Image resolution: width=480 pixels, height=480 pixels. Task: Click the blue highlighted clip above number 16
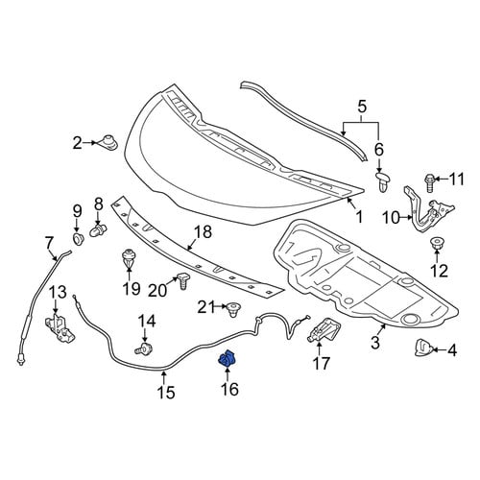227,358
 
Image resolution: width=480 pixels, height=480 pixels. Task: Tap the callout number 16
229,389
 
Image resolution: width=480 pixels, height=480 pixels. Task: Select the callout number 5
362,107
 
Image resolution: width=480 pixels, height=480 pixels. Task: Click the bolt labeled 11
430,182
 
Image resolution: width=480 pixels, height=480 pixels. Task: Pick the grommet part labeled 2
108,142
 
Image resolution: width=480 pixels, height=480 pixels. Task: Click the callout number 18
204,232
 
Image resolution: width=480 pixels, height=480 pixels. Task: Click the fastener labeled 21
233,309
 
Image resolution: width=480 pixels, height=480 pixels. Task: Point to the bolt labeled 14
144,348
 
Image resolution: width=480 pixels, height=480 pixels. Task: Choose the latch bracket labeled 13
60,328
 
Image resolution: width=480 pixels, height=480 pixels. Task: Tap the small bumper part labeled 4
423,348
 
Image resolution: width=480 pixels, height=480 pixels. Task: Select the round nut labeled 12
437,243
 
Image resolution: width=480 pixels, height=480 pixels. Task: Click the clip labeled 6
383,181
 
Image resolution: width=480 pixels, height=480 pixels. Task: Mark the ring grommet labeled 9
78,239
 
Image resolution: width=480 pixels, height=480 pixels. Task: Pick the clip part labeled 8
97,229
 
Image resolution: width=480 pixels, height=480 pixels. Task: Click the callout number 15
167,392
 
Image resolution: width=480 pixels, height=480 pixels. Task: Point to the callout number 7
49,243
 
